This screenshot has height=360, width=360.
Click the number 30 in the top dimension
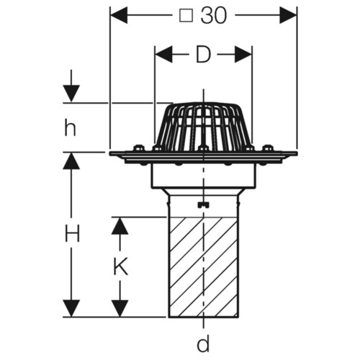[214, 16]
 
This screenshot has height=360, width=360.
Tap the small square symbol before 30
[186, 17]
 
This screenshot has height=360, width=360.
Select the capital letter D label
[203, 55]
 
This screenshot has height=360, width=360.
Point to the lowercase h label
[70, 127]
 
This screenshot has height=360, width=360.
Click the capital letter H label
[72, 233]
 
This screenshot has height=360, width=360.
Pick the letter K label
[120, 266]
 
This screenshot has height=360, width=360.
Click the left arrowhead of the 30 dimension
[119, 15]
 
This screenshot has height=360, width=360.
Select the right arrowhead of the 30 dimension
[288, 15]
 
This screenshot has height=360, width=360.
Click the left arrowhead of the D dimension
[163, 55]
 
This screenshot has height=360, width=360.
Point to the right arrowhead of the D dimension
[243, 55]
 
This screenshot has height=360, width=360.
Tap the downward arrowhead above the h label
[71, 94]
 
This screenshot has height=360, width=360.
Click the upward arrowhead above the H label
[71, 161]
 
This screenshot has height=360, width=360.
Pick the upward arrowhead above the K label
[120, 226]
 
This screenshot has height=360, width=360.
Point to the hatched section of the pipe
[204, 267]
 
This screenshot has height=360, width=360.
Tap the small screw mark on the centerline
[203, 204]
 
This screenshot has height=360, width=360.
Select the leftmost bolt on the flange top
[138, 148]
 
